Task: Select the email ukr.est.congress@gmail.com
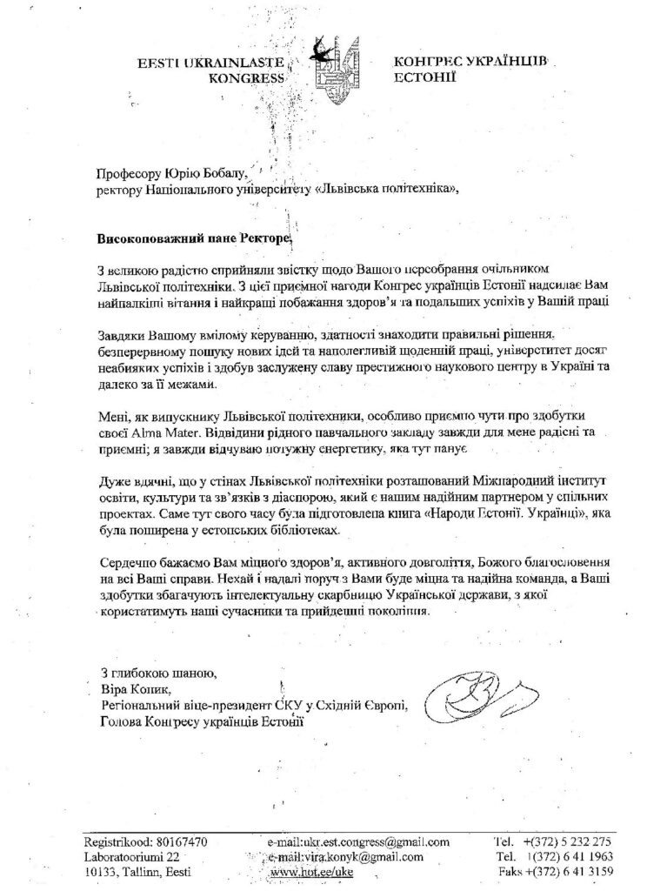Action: click(358, 841)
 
